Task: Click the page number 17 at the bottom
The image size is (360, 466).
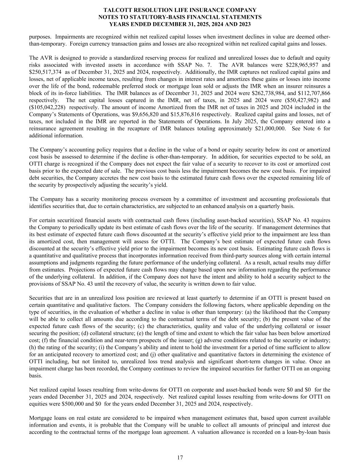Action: [x=180, y=457]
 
